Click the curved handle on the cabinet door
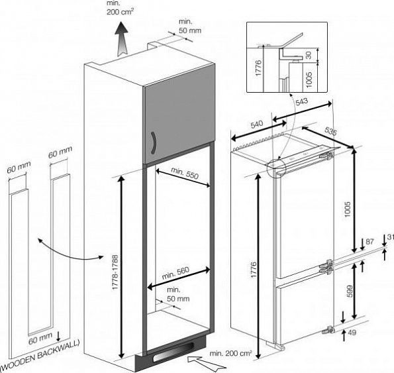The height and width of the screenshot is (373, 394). (154, 142)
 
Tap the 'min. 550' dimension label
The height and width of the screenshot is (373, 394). (185, 173)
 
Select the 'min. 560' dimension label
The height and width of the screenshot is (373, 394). (175, 273)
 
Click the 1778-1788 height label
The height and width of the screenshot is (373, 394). (115, 272)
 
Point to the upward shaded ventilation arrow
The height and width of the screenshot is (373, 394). (122, 38)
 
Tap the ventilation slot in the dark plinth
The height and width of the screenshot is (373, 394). (173, 350)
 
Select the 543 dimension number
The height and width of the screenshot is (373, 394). (301, 102)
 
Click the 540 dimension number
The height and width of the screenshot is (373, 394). (257, 124)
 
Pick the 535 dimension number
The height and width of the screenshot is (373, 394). (330, 131)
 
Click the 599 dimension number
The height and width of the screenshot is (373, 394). (350, 292)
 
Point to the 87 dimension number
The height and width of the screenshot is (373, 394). (369, 242)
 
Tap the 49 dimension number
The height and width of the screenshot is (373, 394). (352, 333)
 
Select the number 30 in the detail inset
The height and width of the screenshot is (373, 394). (309, 55)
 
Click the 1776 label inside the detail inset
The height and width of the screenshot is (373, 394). (258, 68)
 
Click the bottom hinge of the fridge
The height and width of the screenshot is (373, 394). (328, 329)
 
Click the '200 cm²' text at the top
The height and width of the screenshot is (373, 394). (120, 12)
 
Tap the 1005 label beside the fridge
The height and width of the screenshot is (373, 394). (347, 209)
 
